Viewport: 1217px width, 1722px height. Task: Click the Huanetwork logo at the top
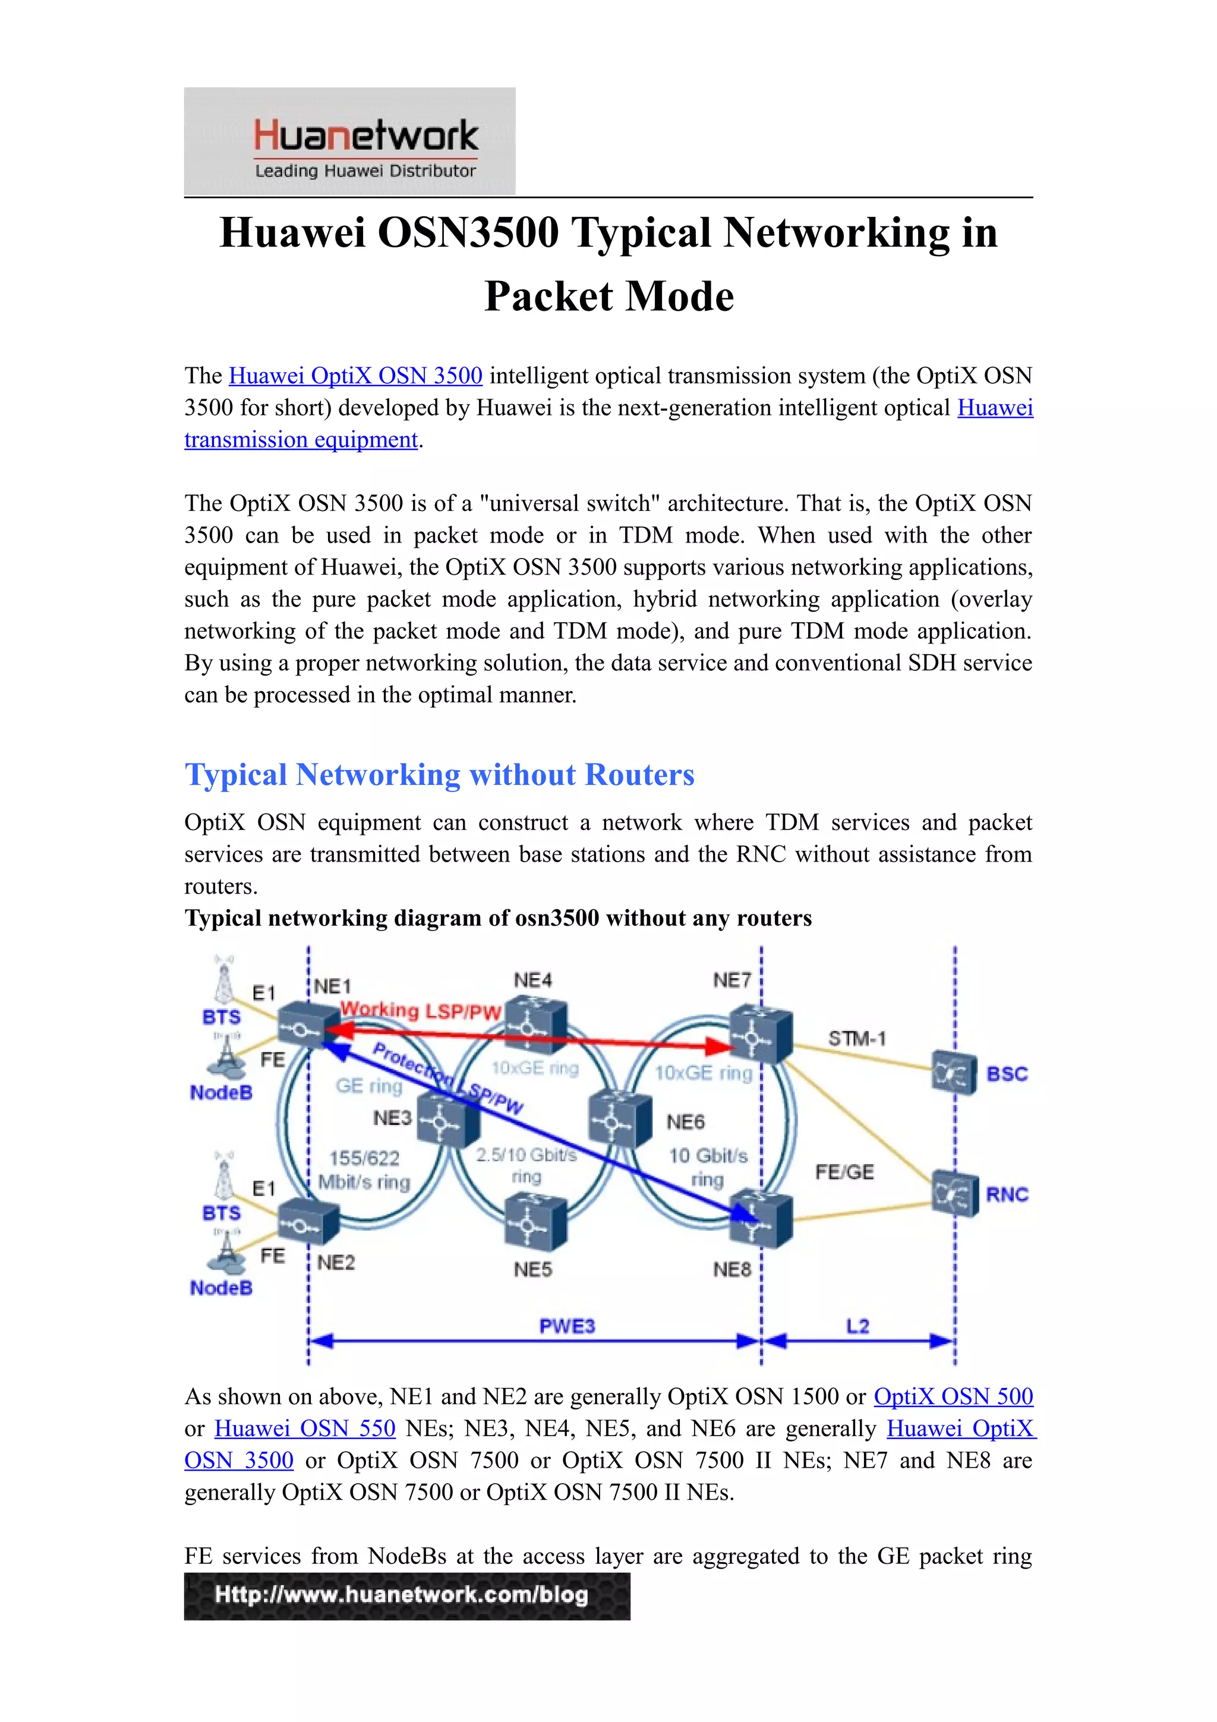[x=349, y=141]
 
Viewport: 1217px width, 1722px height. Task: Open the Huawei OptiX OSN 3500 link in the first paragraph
[x=355, y=375]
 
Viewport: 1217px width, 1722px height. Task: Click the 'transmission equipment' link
[x=301, y=440]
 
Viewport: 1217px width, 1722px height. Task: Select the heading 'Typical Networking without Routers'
[x=439, y=775]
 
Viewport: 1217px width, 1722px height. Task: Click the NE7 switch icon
[x=761, y=1036]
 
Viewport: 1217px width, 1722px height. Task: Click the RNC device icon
[x=954, y=1194]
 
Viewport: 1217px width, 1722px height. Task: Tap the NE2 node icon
[x=307, y=1223]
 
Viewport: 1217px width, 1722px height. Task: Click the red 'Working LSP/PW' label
[x=420, y=1011]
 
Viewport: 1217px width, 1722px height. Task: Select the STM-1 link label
[x=856, y=1039]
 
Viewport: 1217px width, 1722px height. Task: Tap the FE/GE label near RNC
[x=844, y=1172]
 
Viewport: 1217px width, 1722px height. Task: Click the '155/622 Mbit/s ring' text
[x=364, y=1170]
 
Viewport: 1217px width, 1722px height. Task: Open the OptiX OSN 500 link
[x=953, y=1396]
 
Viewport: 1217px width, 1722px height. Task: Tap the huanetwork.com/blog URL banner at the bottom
[x=406, y=1596]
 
